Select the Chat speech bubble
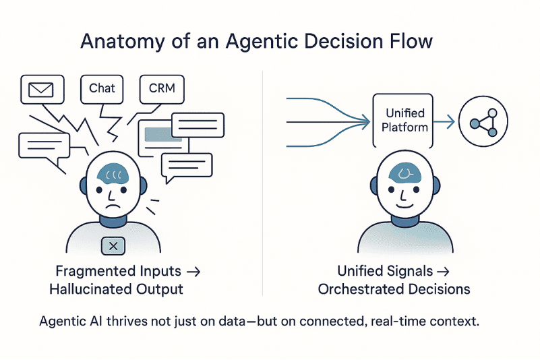tap(102, 88)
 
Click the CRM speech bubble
tap(162, 89)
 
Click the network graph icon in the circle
tap(483, 122)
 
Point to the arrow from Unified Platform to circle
tap(444, 122)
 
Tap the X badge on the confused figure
tap(113, 246)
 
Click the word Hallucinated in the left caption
tap(89, 290)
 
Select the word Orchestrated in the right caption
tap(355, 290)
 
